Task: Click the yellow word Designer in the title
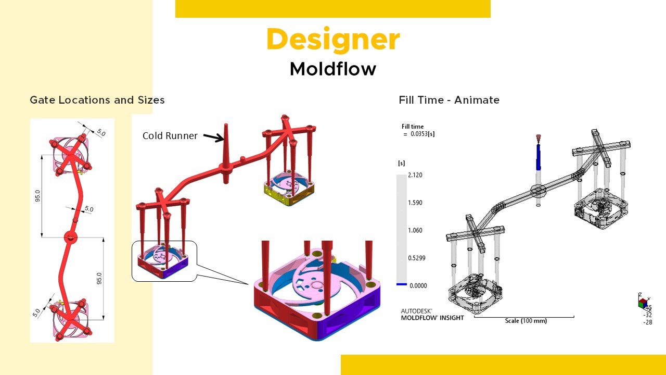point(333,39)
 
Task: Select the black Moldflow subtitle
point(333,69)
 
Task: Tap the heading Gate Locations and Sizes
point(97,100)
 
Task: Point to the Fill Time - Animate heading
point(449,100)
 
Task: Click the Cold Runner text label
point(170,136)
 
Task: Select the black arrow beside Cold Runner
point(214,137)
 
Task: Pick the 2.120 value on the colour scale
point(415,175)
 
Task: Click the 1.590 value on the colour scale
point(415,203)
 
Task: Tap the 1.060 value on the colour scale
point(415,230)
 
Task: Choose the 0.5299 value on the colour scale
point(417,258)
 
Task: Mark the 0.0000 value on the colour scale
point(418,286)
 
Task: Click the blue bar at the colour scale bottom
point(401,284)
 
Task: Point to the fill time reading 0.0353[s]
point(422,134)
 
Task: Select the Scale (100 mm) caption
point(526,321)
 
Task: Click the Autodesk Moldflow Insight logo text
point(432,315)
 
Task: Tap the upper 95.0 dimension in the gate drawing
point(37,196)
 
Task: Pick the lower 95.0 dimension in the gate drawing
point(99,279)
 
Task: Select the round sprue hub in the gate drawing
point(71,238)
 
